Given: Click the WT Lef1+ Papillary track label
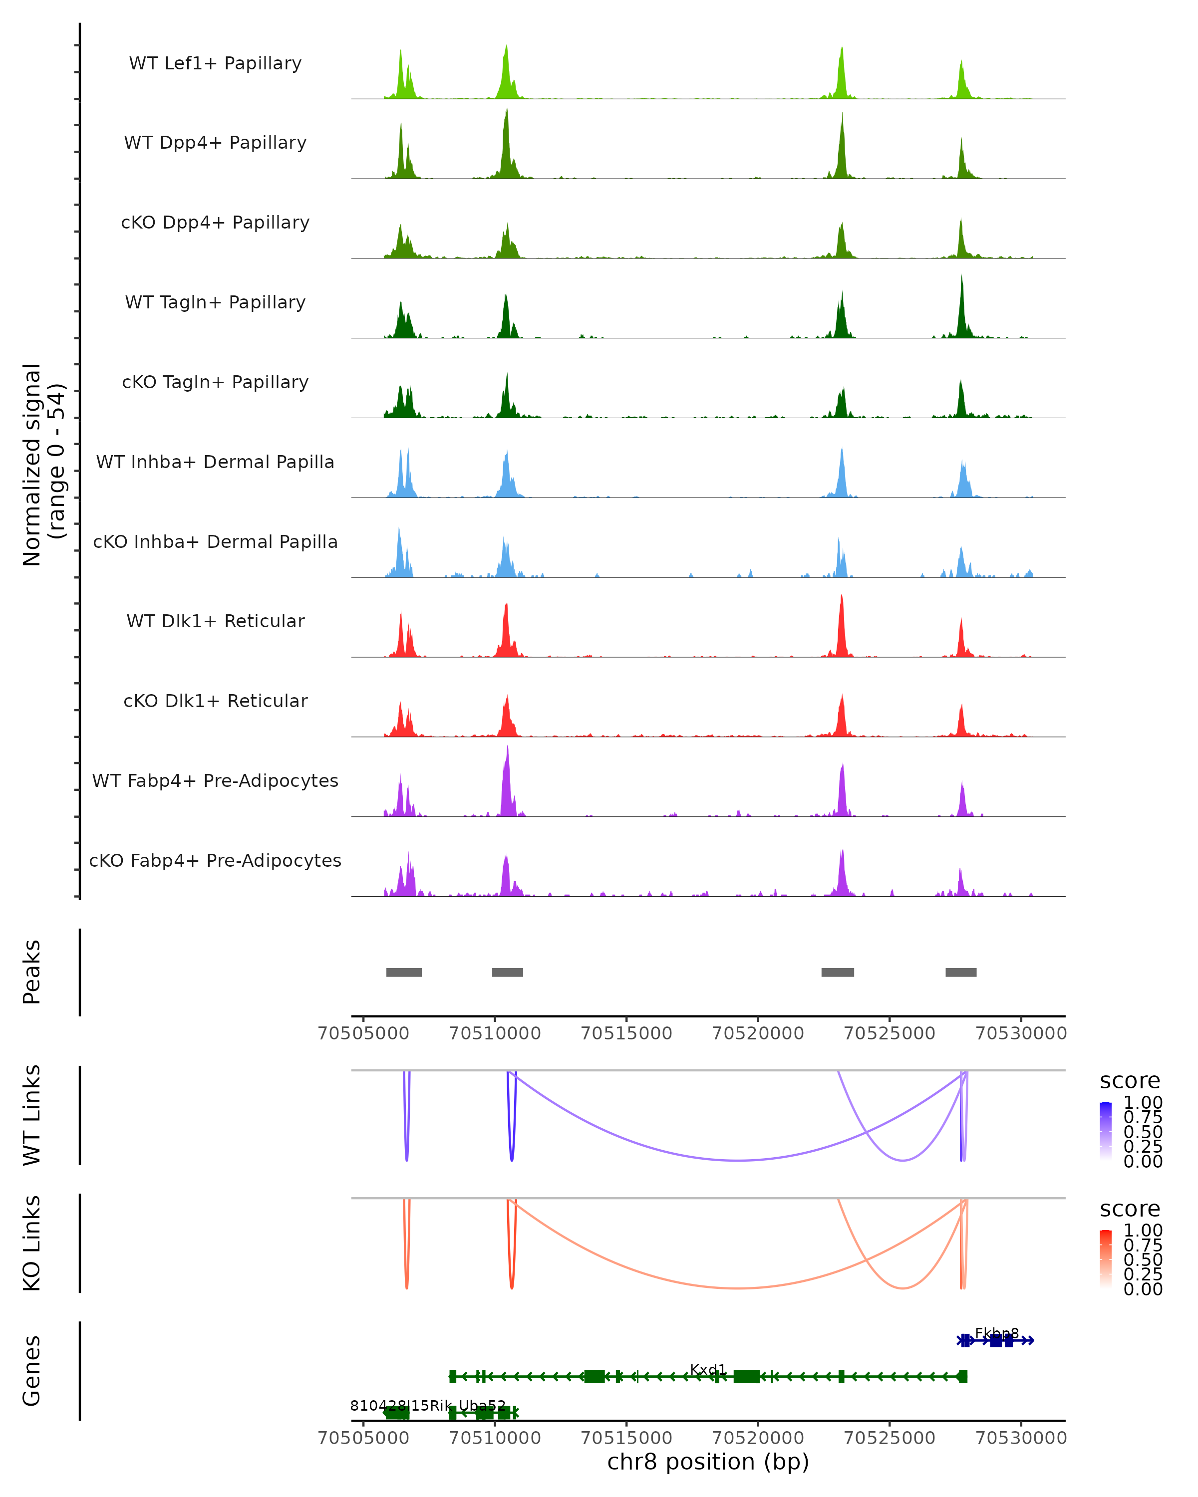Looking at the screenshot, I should point(215,63).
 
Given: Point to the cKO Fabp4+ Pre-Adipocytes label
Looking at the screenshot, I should point(215,860).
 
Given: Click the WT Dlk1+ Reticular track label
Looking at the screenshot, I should point(215,621).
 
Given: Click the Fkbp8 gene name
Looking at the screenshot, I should point(997,1333).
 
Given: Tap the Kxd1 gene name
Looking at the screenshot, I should point(708,1369).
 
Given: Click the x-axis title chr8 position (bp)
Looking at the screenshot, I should point(708,1462).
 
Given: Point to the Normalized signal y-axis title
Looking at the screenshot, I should point(43,465).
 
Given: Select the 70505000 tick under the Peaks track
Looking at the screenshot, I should point(363,1033).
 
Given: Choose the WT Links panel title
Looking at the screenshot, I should point(32,1115).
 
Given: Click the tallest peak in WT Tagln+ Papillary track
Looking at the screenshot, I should point(962,278).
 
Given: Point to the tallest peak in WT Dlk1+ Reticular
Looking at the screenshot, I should point(841,597).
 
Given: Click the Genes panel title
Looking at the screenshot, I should point(32,1371).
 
